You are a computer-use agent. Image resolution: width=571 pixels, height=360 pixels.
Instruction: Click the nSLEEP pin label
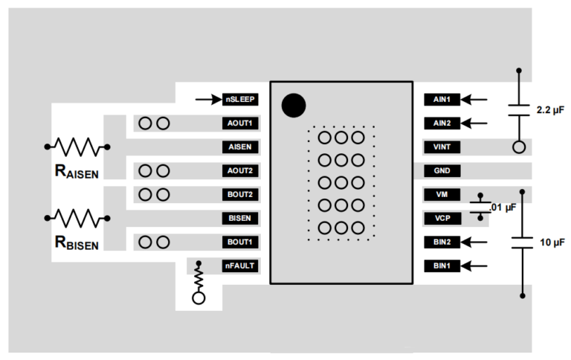point(240,99)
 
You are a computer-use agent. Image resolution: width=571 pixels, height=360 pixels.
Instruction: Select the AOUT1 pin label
point(240,123)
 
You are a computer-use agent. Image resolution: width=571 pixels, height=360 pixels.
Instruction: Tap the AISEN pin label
point(240,147)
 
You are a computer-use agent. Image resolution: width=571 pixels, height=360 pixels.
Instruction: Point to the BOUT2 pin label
point(240,194)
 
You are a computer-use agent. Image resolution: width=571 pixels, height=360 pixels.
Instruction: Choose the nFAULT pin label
point(240,266)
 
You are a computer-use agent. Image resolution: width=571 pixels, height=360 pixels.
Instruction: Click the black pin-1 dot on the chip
point(294,106)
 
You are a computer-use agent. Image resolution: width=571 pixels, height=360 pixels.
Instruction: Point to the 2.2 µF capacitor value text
point(550,110)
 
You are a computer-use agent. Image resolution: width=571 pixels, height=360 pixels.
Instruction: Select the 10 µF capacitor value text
point(549,242)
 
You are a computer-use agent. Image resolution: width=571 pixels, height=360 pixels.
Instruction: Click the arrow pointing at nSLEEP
point(207,99)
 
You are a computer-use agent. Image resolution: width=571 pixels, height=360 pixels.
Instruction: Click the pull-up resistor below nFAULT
point(199,278)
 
